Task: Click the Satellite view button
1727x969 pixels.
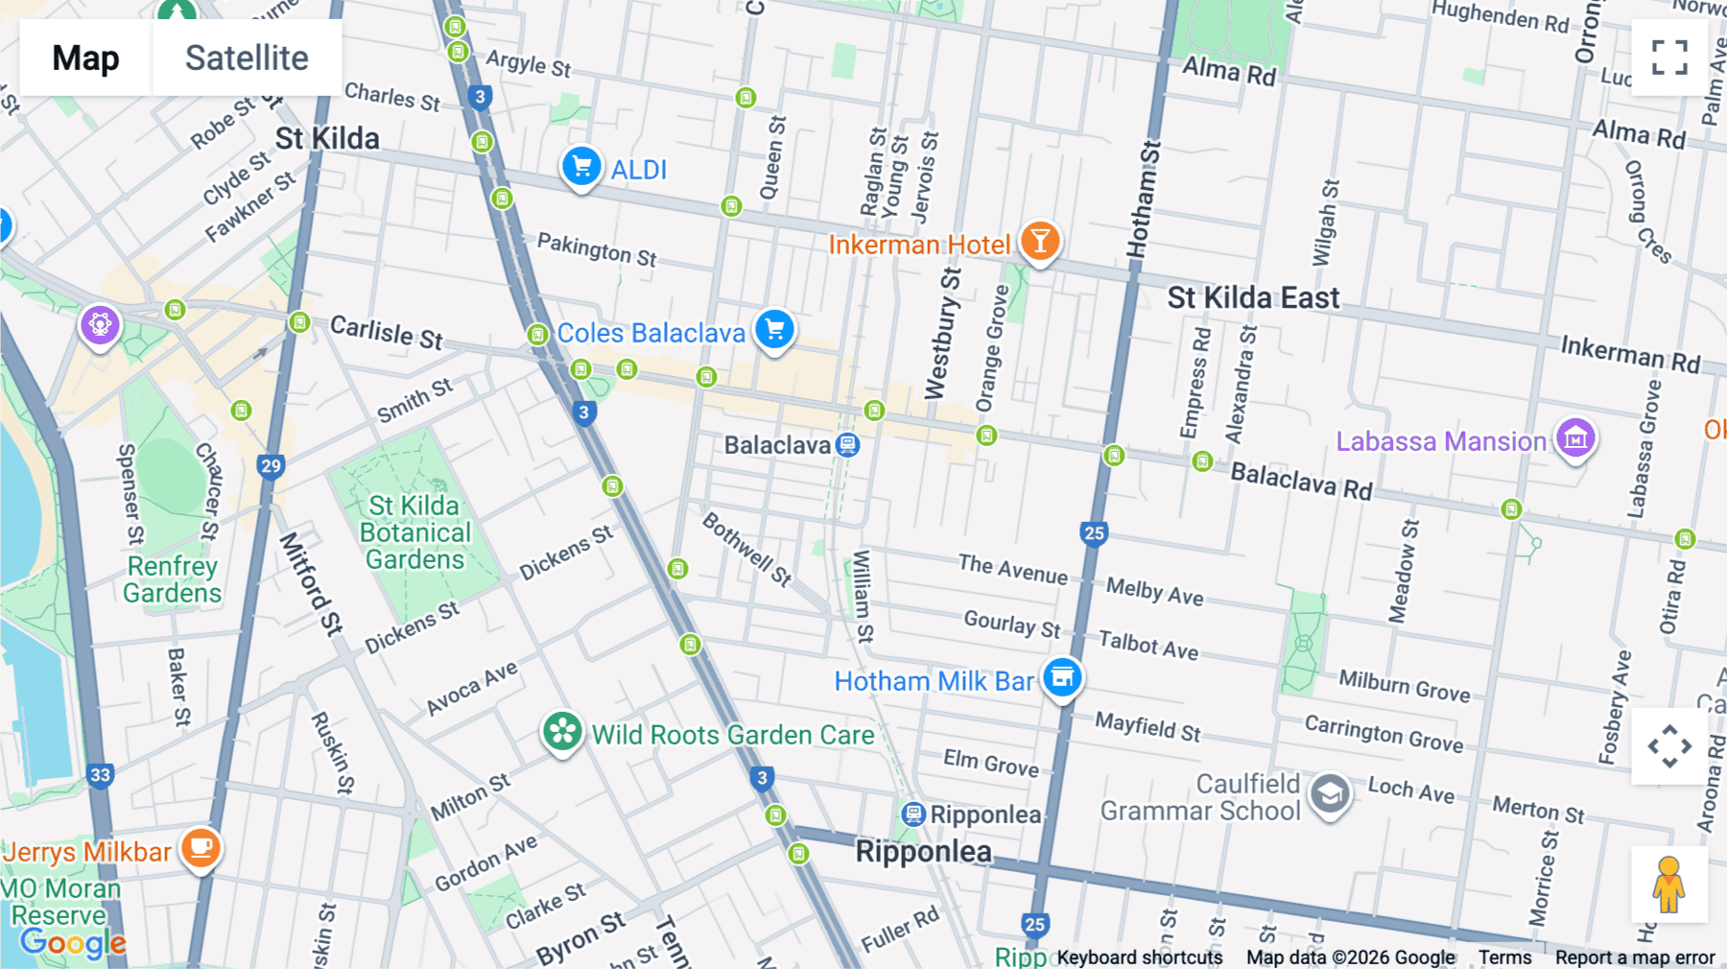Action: click(247, 58)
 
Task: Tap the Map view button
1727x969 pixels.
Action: click(85, 58)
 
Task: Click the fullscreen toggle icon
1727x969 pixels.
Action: click(1669, 58)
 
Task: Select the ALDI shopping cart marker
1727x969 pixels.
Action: click(581, 168)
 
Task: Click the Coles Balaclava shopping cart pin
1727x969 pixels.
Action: click(774, 331)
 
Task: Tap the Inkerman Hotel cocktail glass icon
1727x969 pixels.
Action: click(1040, 242)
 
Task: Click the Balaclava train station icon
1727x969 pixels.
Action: click(847, 445)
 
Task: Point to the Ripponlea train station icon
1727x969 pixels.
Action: click(913, 815)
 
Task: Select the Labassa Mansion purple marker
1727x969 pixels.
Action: click(1575, 439)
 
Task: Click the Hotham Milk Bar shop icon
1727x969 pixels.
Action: click(1062, 678)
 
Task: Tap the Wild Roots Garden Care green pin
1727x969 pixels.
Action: click(562, 733)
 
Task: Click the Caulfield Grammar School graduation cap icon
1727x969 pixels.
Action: click(1330, 795)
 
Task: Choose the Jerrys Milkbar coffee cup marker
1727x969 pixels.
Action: click(201, 848)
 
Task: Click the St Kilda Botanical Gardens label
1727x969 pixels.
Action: click(414, 532)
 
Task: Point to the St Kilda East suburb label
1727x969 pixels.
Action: click(1253, 298)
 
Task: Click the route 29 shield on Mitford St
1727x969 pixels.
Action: click(272, 466)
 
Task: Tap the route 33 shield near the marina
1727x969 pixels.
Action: click(100, 775)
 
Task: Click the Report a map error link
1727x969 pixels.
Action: click(1634, 957)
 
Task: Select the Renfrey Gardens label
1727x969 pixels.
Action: click(172, 579)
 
